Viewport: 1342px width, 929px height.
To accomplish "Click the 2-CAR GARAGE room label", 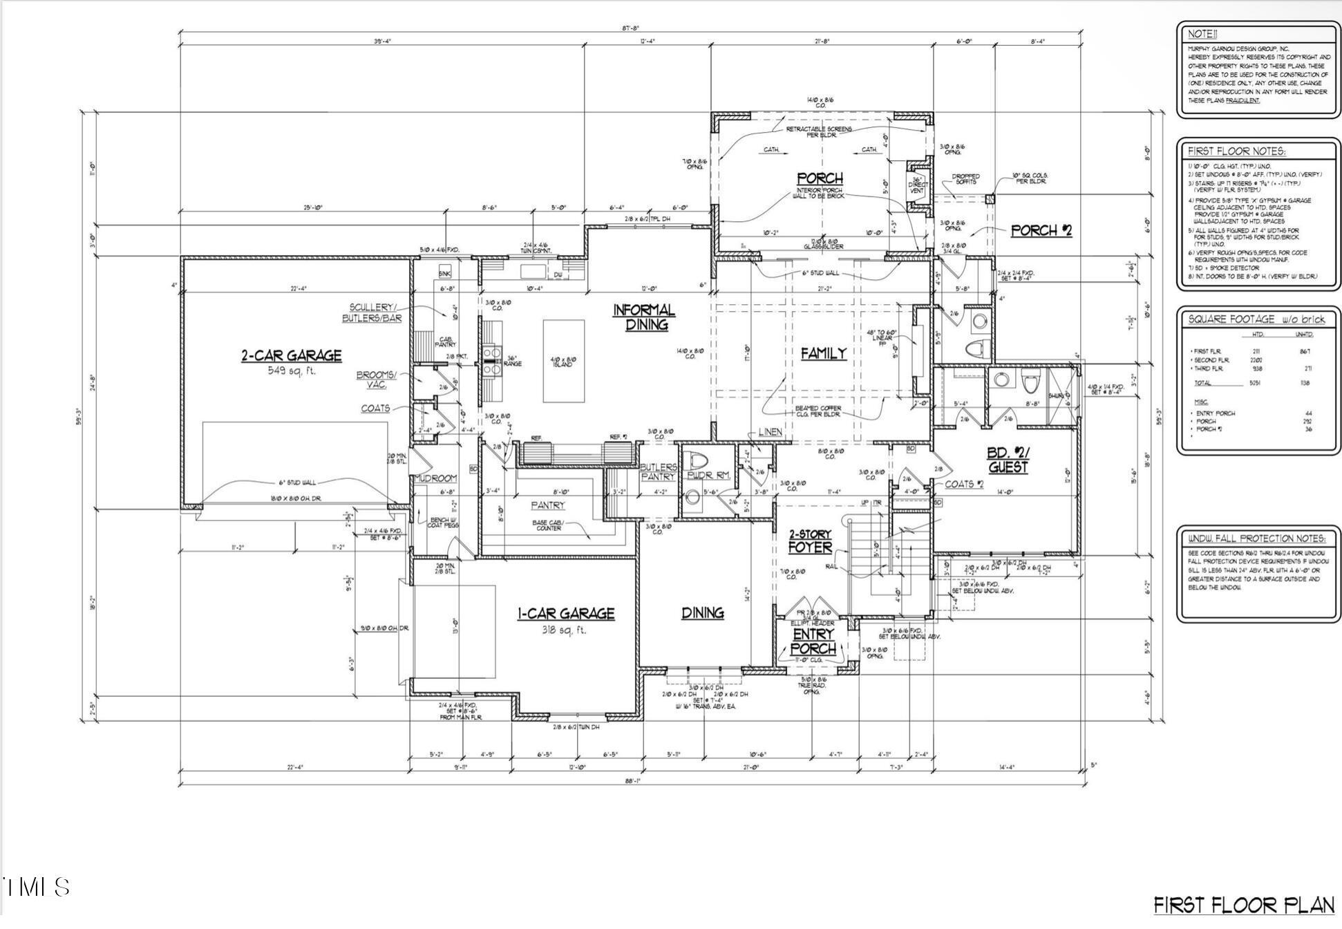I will tap(291, 356).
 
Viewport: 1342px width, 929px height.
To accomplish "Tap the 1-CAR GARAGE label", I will tap(566, 614).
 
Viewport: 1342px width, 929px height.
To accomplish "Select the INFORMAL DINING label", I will tap(643, 317).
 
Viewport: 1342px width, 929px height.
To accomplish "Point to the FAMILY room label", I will tap(823, 354).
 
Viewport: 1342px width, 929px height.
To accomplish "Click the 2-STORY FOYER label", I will tap(810, 542).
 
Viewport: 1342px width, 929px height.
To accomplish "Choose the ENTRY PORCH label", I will tap(813, 641).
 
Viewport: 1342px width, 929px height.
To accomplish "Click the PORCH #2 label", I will tap(1041, 231).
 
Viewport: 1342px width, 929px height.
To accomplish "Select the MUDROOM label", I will tap(435, 478).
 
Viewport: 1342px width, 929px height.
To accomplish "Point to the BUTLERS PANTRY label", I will tap(658, 472).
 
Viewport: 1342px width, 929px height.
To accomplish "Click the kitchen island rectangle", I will tap(564, 360).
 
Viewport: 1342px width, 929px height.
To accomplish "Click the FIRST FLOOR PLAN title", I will tap(1244, 905).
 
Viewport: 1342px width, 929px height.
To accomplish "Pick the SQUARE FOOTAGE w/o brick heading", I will tap(1256, 319).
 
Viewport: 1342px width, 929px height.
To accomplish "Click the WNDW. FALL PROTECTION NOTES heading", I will tap(1256, 538).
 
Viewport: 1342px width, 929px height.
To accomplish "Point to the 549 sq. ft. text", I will tap(291, 371).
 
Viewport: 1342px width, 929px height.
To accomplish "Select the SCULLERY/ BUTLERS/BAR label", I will tap(372, 312).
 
